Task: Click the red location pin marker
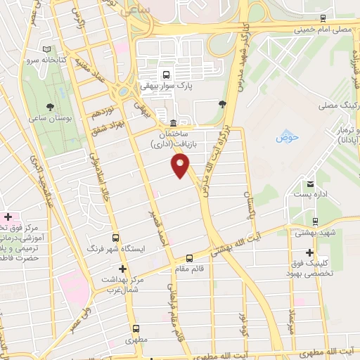(181, 165)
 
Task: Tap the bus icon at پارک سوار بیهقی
(166, 73)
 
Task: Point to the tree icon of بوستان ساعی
(50, 107)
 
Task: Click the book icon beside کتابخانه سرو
(47, 50)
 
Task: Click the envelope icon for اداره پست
(309, 184)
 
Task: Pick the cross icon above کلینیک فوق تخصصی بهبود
(309, 252)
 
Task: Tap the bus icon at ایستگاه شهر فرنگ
(117, 238)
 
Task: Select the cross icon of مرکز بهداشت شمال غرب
(122, 269)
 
